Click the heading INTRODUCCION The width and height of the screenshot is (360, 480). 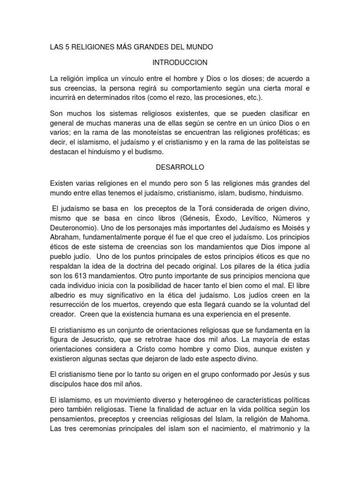tap(180, 62)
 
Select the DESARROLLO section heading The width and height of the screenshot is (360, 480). tap(180, 167)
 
